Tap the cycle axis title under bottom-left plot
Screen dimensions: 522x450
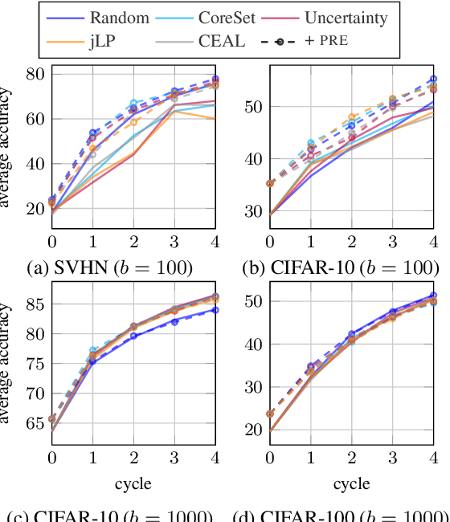(133, 483)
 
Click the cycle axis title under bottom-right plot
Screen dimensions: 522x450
(351, 483)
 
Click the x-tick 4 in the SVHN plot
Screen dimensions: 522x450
(215, 241)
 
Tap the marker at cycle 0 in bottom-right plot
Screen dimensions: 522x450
(270, 414)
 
